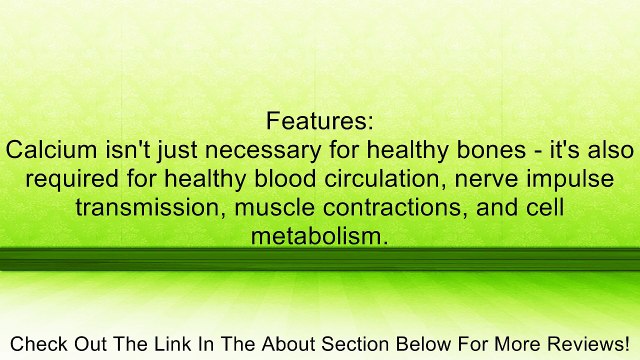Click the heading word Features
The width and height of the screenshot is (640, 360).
[320, 122]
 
